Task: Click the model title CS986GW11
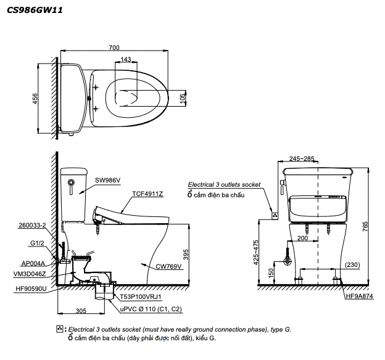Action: tap(35, 10)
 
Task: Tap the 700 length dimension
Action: tap(114, 47)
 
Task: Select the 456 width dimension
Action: tap(35, 99)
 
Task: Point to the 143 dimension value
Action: tap(126, 59)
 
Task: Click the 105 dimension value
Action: tap(183, 99)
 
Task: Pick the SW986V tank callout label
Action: tap(108, 180)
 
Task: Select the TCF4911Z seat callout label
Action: tap(147, 194)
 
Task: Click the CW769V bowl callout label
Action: tap(170, 266)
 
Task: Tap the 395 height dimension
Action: tap(186, 254)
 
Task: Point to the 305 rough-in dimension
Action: tap(81, 311)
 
